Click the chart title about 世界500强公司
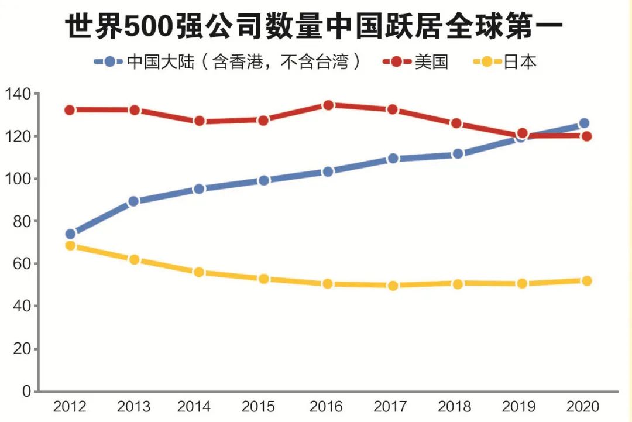pos(314,26)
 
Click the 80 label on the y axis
pos(21,221)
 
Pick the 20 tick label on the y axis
pos(21,349)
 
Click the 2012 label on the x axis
pos(70,407)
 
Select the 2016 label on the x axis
pos(328,407)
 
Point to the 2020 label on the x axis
pos(584,407)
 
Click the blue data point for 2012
pos(70,234)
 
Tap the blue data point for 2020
pos(584,123)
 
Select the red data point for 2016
pos(328,105)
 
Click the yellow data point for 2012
pos(70,246)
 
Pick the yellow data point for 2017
pos(393,286)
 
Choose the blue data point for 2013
pos(133,201)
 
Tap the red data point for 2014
pos(199,121)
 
